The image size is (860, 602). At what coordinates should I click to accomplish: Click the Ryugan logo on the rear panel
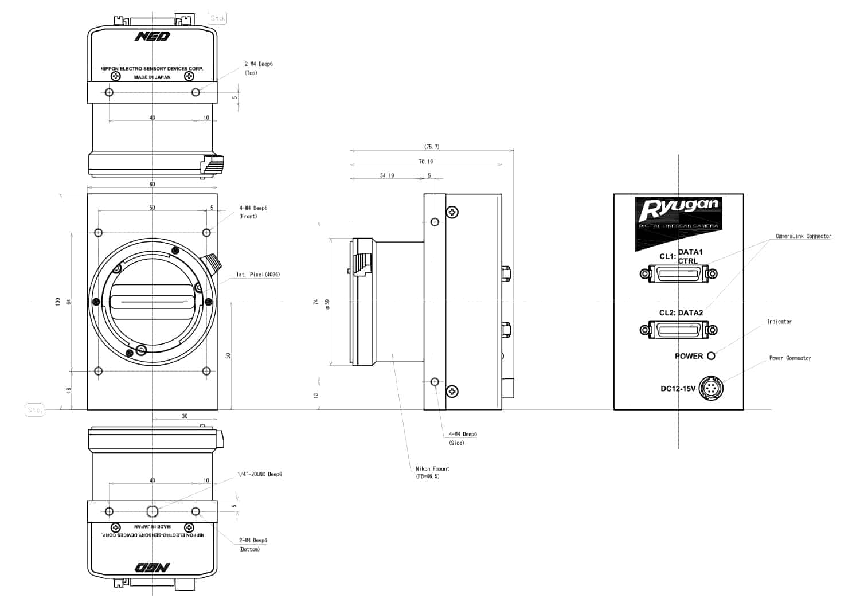point(678,210)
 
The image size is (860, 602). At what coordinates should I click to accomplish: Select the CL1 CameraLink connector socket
point(679,274)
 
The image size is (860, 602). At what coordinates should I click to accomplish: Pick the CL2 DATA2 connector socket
point(679,330)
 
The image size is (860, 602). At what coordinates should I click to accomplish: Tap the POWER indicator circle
point(712,356)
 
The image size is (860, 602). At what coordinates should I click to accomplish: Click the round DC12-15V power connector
point(712,388)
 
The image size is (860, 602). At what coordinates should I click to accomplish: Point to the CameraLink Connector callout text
point(803,236)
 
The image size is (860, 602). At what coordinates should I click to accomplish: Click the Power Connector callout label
point(789,358)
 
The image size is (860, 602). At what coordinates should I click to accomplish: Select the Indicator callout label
point(779,322)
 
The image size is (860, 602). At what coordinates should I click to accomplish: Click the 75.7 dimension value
point(432,147)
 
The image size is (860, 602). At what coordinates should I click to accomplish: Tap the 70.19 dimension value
point(425,162)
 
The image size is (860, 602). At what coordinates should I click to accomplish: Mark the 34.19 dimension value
point(387,175)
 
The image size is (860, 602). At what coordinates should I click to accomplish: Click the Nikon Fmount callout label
point(432,469)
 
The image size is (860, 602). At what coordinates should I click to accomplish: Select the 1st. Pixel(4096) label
point(258,275)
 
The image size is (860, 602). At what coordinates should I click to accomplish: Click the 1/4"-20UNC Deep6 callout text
point(260,475)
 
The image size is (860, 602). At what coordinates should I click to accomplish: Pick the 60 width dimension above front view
point(153,185)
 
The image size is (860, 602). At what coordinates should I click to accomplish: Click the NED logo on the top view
point(153,37)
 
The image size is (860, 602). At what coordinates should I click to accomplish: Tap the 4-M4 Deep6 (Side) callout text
point(463,435)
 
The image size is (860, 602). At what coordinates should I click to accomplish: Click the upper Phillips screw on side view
point(453,213)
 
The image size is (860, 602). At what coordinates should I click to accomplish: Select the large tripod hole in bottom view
point(153,511)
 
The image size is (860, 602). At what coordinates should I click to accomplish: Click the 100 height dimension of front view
point(57,302)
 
